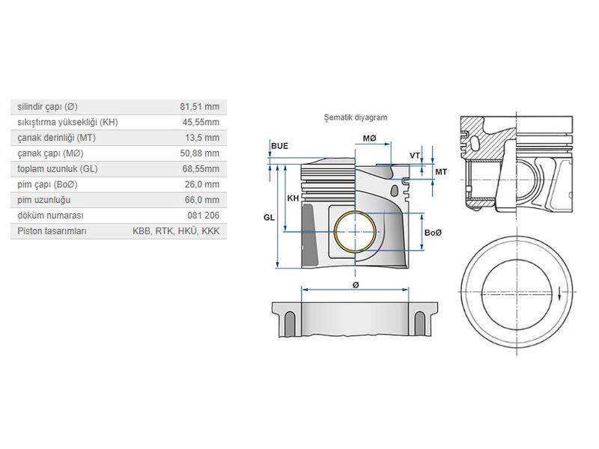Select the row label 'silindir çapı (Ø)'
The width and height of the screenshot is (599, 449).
47,106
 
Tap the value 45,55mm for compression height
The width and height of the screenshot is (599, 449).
201,122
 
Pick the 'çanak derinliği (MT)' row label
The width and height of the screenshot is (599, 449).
57,138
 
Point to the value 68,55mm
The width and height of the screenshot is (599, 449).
201,169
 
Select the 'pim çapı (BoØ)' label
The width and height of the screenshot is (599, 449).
48,184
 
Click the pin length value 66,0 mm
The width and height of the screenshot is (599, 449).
203,200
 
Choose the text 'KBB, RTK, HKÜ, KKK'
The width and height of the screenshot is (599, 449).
176,231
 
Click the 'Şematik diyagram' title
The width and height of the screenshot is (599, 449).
355,117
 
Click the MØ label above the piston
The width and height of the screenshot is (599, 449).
370,138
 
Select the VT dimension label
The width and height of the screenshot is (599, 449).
414,155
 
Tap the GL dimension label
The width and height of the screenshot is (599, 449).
268,217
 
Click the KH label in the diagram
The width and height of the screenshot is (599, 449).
294,198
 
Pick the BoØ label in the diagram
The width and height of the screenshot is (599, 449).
434,233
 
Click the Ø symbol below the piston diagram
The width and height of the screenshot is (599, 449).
356,285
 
